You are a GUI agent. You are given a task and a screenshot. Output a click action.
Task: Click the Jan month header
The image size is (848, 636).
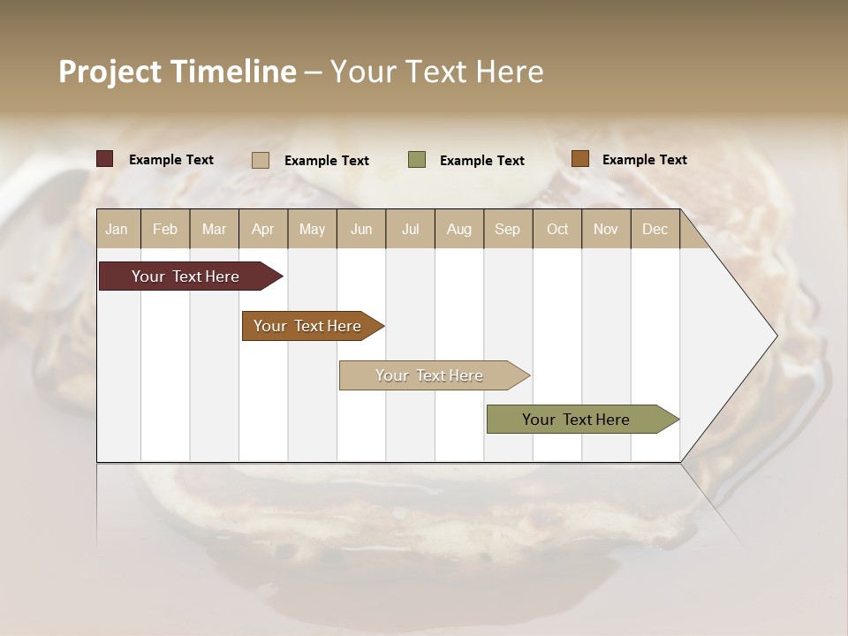point(117,229)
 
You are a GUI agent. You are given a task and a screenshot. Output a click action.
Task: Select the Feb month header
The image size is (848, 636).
point(165,229)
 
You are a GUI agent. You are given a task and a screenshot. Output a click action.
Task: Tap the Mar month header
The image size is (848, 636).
point(214,229)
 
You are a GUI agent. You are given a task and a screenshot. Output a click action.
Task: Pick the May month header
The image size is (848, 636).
point(312,229)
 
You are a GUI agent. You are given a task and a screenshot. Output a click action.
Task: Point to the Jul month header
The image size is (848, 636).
point(410,229)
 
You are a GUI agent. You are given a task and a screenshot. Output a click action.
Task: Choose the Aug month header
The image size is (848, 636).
point(458,229)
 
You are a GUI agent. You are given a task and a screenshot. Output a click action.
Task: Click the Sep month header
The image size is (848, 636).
point(507,229)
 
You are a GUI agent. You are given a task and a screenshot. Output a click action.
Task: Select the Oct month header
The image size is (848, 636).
point(557,229)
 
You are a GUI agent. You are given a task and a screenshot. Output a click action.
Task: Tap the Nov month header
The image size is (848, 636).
point(605,229)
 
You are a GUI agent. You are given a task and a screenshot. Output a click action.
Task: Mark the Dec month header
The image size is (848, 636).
point(655,229)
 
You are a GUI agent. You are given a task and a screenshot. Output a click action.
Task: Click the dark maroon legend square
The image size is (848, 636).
point(105,159)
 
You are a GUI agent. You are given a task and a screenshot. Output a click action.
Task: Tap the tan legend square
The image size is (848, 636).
point(261,160)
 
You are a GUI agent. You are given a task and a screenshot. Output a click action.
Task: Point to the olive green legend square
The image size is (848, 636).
point(417,159)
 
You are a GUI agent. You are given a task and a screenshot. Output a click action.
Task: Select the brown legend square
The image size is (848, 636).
point(579,159)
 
